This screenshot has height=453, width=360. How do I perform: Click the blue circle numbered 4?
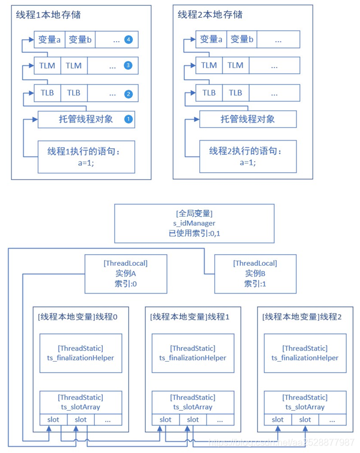pos(128,40)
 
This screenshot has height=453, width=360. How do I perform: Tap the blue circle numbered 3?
pos(128,66)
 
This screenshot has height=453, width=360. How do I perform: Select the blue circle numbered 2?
pos(128,94)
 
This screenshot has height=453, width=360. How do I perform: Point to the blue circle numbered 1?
pos(128,120)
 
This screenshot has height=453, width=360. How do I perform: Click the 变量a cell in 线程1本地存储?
pos(50,40)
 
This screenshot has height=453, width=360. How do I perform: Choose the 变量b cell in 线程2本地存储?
pos(242,40)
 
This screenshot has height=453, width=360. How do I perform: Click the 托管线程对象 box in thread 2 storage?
pos(247,120)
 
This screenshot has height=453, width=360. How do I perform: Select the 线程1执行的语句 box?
pos(86,157)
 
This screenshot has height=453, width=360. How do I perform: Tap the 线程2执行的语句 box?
pos(247,157)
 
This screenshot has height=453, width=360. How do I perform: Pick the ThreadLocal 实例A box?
pos(126,273)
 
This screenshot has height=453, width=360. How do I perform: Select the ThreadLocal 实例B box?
pos(254,273)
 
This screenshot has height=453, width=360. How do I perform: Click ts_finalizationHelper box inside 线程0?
pos(81,353)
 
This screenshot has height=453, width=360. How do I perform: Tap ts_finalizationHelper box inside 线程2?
pos(305,353)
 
